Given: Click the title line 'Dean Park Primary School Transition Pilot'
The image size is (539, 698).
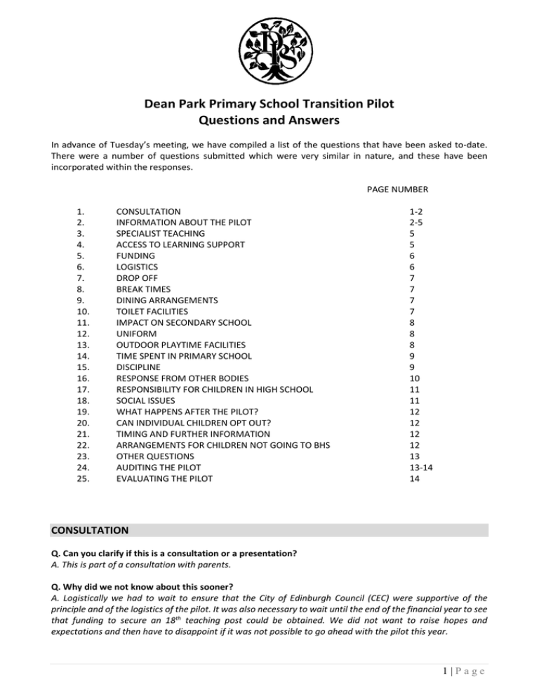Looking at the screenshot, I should [269, 105].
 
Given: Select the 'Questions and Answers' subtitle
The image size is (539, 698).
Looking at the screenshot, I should [269, 120].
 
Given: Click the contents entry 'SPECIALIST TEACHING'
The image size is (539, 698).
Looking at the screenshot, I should [160, 232].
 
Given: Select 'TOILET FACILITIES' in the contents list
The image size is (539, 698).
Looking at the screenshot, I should [152, 311].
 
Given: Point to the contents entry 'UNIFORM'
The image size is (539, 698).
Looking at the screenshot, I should [136, 334].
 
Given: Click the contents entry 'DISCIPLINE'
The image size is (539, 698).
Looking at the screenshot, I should [138, 367].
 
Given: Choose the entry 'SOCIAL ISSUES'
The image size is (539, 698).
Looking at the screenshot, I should [146, 400].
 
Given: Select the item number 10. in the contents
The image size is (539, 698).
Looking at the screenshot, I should [82, 311].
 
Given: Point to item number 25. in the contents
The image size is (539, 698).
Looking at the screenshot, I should [82, 478].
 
